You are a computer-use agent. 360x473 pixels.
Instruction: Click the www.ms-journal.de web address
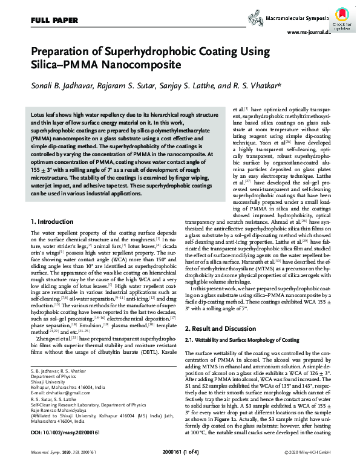308,33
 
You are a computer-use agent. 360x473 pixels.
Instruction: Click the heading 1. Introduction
53,223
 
